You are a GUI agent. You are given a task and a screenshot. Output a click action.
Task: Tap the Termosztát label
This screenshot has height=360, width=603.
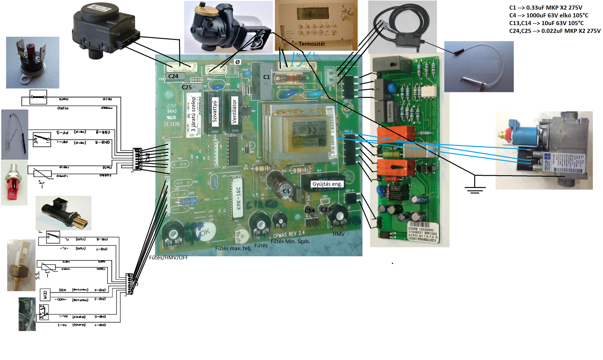pyautogui.click(x=312, y=44)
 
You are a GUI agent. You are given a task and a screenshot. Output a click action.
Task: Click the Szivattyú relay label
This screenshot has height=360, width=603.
pyautogui.click(x=215, y=111)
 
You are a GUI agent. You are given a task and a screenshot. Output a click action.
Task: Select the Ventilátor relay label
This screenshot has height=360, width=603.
pyautogui.click(x=234, y=111)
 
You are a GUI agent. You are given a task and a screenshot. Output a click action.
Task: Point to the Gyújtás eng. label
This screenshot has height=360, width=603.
pyautogui.click(x=327, y=184)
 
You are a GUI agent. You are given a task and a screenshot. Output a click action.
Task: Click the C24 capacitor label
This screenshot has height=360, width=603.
pyautogui.click(x=173, y=76)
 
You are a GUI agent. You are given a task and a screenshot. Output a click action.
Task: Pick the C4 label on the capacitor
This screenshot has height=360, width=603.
pyautogui.click(x=286, y=191)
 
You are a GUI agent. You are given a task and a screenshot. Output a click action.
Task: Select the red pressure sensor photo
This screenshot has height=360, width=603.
pyautogui.click(x=14, y=182)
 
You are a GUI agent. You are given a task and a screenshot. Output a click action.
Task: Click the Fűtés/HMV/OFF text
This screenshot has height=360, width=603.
pyautogui.click(x=168, y=258)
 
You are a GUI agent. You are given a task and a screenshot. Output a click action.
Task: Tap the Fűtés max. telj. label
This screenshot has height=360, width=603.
pyautogui.click(x=233, y=248)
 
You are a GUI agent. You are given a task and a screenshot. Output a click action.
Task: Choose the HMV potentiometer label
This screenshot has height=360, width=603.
pyautogui.click(x=339, y=234)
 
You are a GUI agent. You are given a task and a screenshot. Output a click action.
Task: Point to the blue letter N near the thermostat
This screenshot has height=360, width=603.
pyautogui.click(x=298, y=55)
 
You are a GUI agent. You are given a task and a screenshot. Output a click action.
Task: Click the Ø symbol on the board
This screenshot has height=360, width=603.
pyautogui.click(x=237, y=62)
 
